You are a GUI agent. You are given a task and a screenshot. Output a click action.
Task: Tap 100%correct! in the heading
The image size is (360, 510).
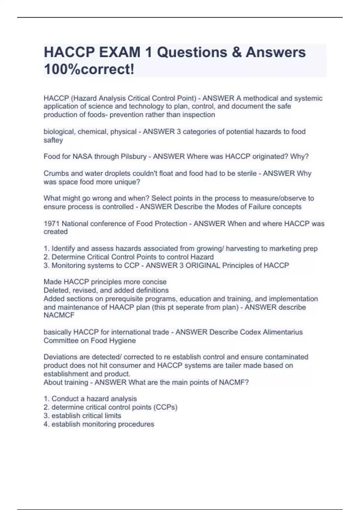click(89, 70)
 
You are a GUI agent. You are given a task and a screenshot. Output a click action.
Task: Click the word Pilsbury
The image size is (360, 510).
click(133, 157)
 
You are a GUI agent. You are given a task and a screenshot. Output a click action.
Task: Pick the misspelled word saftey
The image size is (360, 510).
click(53, 140)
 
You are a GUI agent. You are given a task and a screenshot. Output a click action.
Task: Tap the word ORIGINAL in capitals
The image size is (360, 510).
click(203, 265)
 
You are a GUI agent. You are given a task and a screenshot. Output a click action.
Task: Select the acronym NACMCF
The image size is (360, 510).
click(59, 315)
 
